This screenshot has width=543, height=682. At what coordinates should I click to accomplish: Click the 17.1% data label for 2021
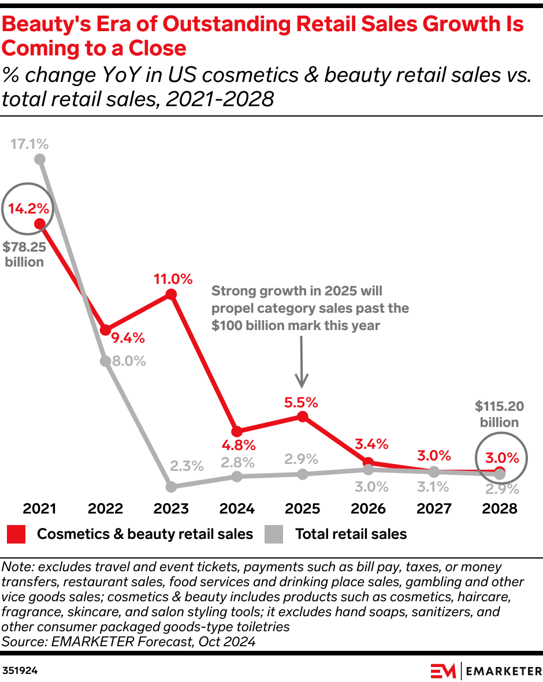coord(29,144)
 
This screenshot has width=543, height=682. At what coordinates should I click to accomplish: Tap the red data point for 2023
coord(171,294)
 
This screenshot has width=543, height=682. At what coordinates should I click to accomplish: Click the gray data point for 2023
coord(171,487)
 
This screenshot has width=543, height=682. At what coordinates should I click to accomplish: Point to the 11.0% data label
coord(173,279)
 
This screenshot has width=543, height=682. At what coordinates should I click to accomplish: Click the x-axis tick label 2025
coord(303,509)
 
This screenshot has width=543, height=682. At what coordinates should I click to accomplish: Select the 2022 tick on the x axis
coord(105,509)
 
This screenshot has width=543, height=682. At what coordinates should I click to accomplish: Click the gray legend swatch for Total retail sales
coord(274,534)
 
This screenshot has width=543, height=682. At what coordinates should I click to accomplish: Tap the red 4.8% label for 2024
coord(237,445)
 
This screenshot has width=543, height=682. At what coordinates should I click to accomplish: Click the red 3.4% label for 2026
coord(371,444)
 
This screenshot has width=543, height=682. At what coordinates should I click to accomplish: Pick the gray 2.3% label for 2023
coord(187,466)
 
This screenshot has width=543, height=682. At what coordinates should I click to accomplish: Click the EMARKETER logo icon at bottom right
coord(443,671)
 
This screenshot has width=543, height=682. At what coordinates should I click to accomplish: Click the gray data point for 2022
coord(105,361)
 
